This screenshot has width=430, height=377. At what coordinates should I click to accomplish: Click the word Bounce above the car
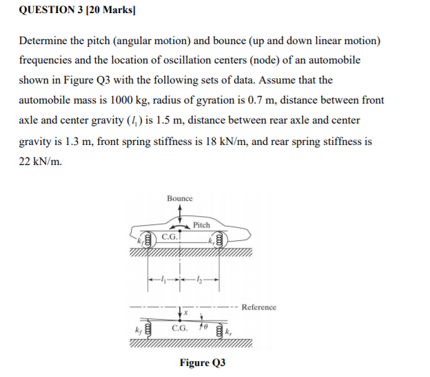[180, 198]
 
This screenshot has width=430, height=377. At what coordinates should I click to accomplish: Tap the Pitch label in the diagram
[201, 225]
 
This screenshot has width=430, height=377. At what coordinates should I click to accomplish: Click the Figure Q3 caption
[203, 362]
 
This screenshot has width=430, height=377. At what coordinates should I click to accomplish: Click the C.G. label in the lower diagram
[178, 331]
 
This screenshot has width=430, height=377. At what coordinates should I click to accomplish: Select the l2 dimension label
[198, 279]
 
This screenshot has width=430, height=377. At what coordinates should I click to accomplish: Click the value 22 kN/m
[39, 160]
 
